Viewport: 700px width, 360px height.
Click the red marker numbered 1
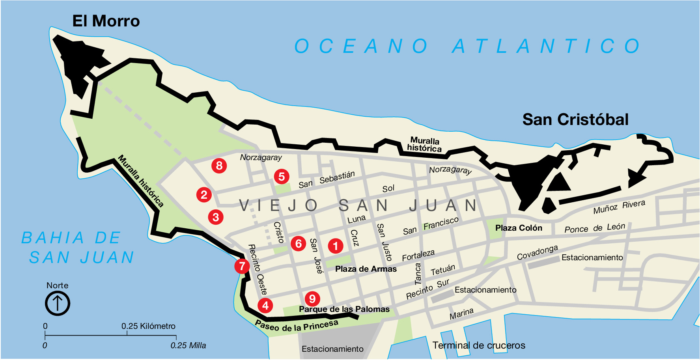pyautogui.click(x=336, y=246)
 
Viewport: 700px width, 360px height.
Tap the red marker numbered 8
pyautogui.click(x=219, y=165)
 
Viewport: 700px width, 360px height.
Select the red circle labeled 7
pyautogui.click(x=242, y=266)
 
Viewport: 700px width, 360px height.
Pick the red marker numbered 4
pyautogui.click(x=265, y=305)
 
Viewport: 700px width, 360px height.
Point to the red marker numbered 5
pyautogui.click(x=282, y=176)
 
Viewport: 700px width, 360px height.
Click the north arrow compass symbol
pyautogui.click(x=58, y=304)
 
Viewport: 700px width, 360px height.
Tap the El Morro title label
pyautogui.click(x=106, y=21)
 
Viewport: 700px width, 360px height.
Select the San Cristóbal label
pyautogui.click(x=575, y=119)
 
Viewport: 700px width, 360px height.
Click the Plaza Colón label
pyautogui.click(x=519, y=228)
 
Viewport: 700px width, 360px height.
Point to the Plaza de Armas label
pyautogui.click(x=366, y=269)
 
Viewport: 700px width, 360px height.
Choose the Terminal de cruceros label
pyautogui.click(x=479, y=345)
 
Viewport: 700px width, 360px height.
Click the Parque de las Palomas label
pyautogui.click(x=344, y=309)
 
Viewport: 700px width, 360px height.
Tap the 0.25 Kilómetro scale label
pyautogui.click(x=148, y=326)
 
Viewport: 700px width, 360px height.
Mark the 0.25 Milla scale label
pyautogui.click(x=188, y=345)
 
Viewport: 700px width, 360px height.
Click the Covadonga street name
pyautogui.click(x=537, y=252)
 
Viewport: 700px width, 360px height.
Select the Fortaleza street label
pyautogui.click(x=418, y=255)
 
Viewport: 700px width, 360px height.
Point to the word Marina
pyautogui.click(x=461, y=314)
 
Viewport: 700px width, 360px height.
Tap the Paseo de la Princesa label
pyautogui.click(x=297, y=326)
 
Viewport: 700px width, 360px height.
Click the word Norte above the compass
pyautogui.click(x=58, y=285)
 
